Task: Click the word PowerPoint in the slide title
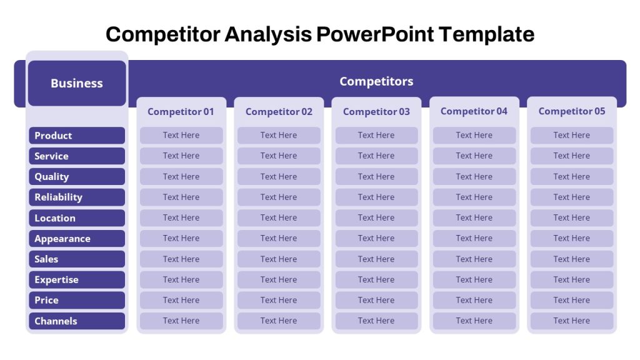375,34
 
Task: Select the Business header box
77,83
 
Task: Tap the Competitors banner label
376,81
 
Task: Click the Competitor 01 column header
181,112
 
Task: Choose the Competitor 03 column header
376,112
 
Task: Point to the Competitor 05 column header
571,111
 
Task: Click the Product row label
77,136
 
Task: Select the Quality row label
77,177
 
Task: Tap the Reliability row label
77,197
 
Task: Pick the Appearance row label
77,238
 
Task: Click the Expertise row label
77,279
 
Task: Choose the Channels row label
77,321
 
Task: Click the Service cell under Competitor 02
279,156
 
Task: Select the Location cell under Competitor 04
474,218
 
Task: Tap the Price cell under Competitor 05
572,300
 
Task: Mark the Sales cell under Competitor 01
181,259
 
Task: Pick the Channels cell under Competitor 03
376,321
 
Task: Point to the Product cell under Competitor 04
474,135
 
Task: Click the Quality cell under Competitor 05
572,177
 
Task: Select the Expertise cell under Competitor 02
279,279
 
